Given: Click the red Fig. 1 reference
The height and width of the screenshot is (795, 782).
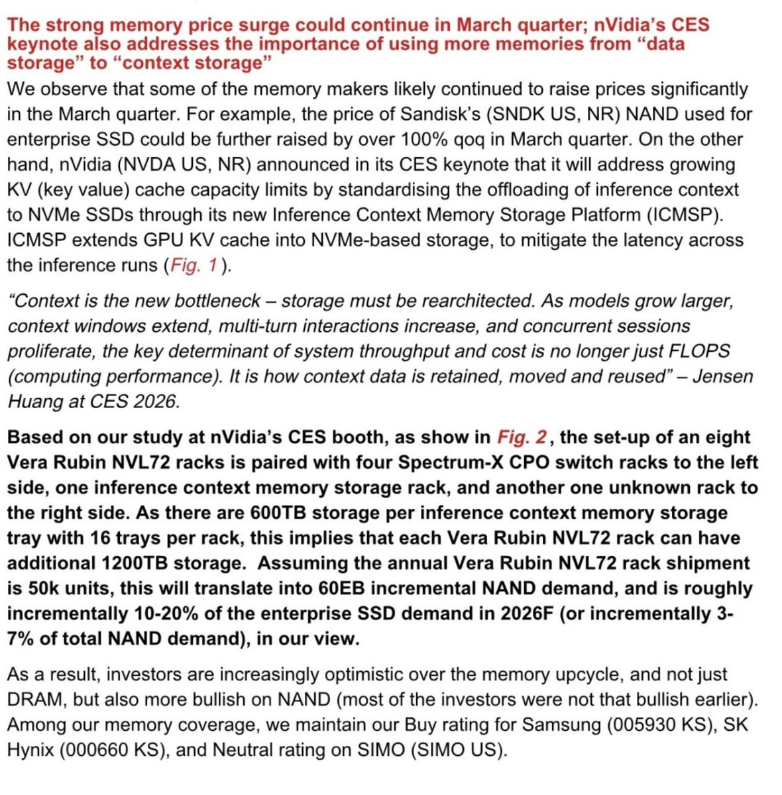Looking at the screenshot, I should coord(194,266).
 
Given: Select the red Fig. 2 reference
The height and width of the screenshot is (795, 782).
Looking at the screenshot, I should coord(522,438).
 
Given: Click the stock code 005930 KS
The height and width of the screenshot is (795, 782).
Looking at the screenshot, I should coord(663,725).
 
